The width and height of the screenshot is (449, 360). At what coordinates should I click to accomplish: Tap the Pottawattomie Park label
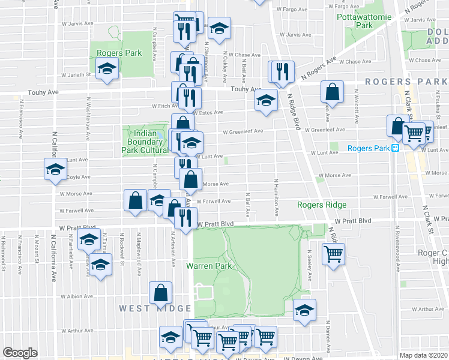364,21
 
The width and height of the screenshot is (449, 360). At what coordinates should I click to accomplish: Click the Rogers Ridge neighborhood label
322,205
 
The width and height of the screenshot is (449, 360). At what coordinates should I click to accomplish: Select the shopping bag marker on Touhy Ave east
332,92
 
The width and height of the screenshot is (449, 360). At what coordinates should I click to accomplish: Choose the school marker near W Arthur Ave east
304,310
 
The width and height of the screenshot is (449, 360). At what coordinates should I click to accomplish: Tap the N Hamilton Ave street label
277,197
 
